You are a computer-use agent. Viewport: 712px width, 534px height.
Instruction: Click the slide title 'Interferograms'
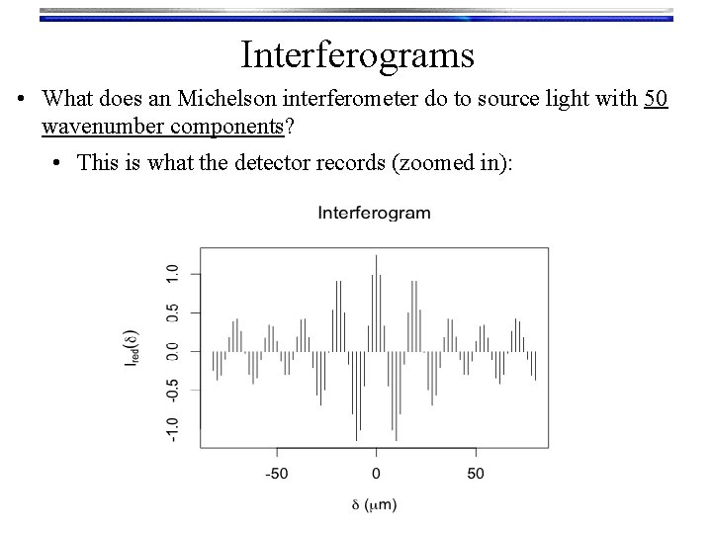point(356,53)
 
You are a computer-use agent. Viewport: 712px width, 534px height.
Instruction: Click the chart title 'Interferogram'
point(374,213)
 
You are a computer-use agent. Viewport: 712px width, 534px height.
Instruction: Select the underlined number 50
point(656,101)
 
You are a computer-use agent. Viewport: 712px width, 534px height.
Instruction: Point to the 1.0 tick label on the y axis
point(172,272)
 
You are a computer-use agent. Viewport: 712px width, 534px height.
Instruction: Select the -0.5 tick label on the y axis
point(172,390)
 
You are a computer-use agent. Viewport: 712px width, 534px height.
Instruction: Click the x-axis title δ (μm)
point(374,504)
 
